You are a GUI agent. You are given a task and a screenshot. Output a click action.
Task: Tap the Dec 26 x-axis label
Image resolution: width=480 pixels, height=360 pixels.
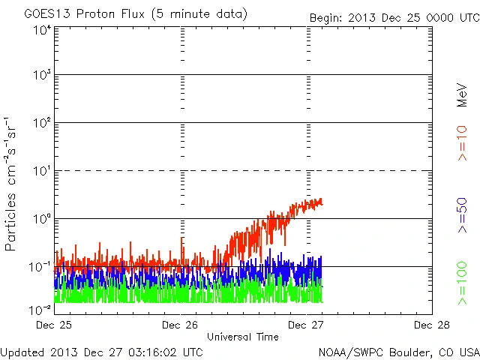click(181, 325)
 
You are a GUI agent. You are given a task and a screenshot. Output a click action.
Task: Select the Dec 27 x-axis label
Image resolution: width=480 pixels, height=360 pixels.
click(307, 325)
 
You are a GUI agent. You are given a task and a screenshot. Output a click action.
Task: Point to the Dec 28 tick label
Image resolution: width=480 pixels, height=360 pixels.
click(432, 325)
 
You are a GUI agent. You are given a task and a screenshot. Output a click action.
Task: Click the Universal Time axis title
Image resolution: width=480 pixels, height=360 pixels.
click(243, 337)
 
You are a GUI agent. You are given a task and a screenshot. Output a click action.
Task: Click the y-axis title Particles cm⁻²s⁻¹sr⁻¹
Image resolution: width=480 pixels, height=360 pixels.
click(13, 183)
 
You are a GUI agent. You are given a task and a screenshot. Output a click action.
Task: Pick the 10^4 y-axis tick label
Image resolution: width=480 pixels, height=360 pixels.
click(41, 30)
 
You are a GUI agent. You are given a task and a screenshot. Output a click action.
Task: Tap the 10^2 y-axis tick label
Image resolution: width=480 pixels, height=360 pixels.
click(41, 124)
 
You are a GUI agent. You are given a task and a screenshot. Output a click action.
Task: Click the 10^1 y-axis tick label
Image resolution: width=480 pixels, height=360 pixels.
click(41, 172)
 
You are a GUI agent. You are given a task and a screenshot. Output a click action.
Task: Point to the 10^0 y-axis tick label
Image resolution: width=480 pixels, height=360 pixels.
click(41, 220)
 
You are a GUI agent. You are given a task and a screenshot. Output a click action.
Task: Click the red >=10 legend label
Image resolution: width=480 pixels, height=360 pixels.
click(462, 143)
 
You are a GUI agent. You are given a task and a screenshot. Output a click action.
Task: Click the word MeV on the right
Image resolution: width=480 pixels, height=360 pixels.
click(462, 95)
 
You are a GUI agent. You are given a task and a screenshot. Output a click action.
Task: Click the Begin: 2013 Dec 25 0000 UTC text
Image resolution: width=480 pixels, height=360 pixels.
click(394, 17)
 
